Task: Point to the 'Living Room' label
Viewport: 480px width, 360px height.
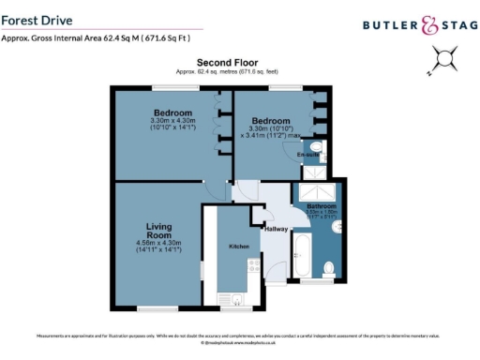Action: coord(158,232)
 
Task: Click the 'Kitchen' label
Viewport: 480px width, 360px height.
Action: coord(235,246)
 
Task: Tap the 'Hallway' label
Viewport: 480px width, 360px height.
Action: coord(277,229)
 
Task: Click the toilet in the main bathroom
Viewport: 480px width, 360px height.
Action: coord(329,270)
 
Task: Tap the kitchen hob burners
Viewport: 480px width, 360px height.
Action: coord(250,271)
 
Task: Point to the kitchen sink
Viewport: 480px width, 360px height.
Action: coord(235,299)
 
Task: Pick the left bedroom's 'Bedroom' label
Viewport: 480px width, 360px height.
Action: coord(172,113)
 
